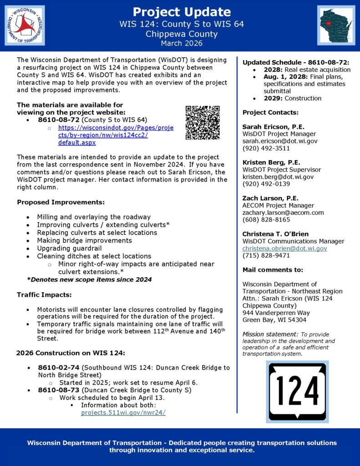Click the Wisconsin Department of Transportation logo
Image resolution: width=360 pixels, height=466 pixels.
pyautogui.click(x=25, y=25)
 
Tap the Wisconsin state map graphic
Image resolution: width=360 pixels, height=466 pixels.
pyautogui.click(x=336, y=25)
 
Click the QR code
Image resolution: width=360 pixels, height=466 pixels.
pyautogui.click(x=203, y=122)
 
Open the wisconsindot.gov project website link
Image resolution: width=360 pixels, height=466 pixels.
pyautogui.click(x=116, y=135)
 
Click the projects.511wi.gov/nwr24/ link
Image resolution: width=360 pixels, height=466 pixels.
pyautogui.click(x=123, y=413)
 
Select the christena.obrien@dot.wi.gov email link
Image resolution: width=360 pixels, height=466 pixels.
pyautogui.click(x=284, y=248)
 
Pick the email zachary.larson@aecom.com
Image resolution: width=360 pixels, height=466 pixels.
pyautogui.click(x=283, y=213)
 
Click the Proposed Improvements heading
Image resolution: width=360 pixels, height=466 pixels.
pyautogui.click(x=61, y=202)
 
